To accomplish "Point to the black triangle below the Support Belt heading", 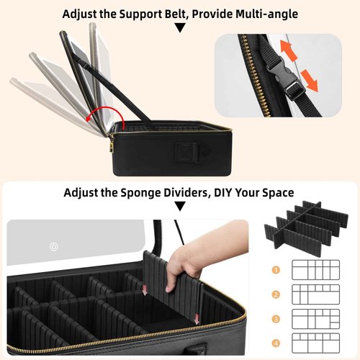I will click(x=180, y=28).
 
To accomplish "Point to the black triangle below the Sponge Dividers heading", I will click(x=180, y=207).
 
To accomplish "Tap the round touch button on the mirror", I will click(x=53, y=246).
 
